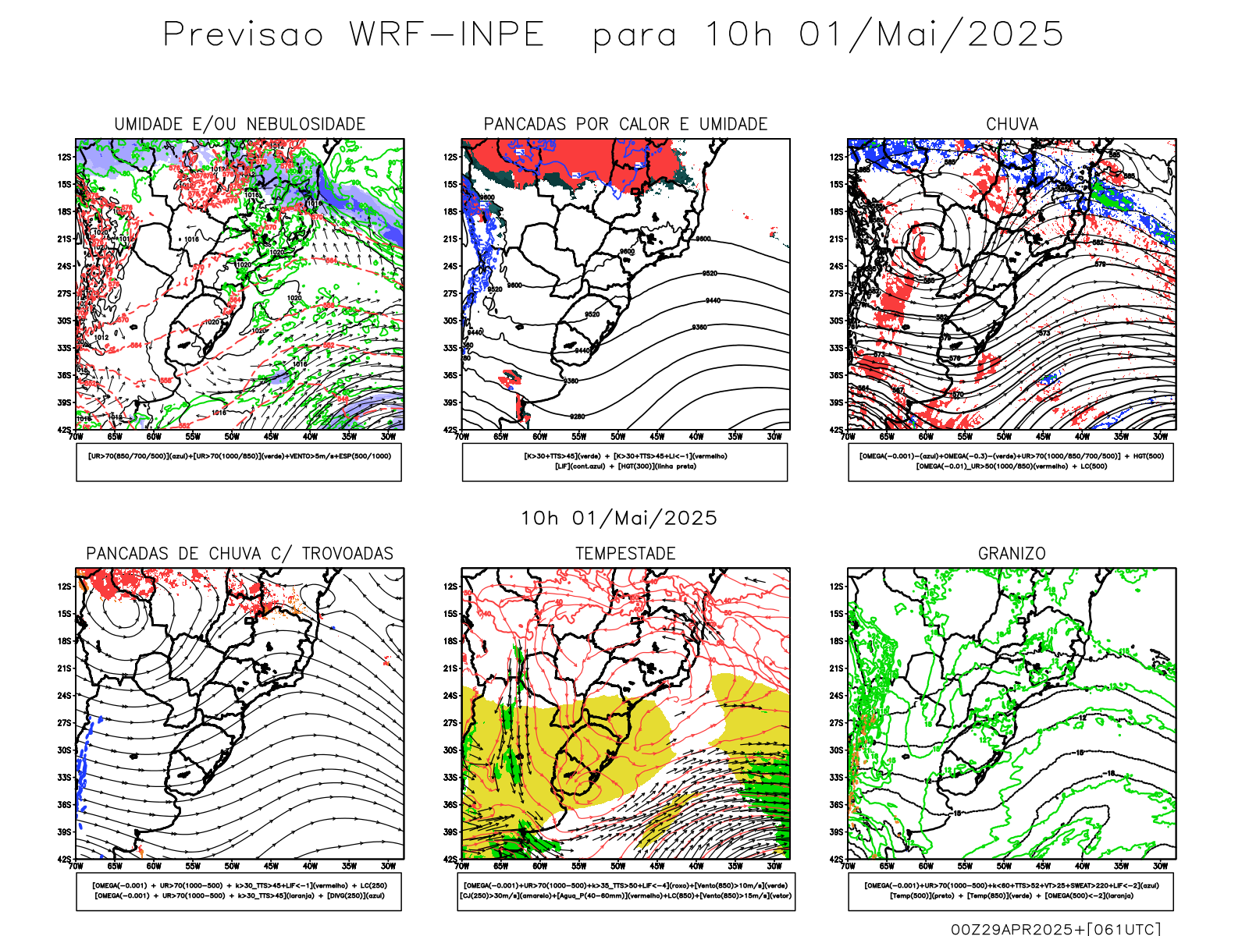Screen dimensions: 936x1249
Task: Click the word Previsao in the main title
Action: pos(243,35)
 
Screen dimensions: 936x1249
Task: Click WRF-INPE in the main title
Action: pos(447,35)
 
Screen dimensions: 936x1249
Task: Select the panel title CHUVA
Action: pos(1012,124)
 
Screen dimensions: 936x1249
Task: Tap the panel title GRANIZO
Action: pos(1012,554)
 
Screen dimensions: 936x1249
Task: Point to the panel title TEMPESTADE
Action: pos(625,554)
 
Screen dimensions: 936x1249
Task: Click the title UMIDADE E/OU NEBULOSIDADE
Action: pos(240,124)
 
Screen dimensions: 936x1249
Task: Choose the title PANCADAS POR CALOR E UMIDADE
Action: pos(625,124)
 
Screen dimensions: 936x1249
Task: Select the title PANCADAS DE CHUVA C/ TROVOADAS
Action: pos(240,554)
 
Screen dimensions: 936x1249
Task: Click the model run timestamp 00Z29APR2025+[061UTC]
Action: pos(1055,929)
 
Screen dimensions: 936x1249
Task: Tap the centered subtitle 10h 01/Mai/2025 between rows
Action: pos(619,519)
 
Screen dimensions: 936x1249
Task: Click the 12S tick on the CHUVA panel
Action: pos(837,157)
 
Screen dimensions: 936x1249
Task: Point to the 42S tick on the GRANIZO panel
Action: pos(837,859)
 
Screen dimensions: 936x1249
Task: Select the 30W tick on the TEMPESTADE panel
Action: pos(774,866)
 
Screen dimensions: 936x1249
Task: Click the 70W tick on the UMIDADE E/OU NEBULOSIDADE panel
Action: pos(76,437)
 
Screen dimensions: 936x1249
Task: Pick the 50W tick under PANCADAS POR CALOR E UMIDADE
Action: pos(617,437)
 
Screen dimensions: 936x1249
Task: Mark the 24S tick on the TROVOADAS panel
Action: pos(64,695)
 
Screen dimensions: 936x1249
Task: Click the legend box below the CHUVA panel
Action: pos(1011,462)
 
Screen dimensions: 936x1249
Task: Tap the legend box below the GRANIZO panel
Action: pos(1011,891)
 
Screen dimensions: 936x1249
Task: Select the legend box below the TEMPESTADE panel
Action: pos(625,891)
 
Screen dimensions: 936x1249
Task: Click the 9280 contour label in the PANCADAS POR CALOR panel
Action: pos(578,417)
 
